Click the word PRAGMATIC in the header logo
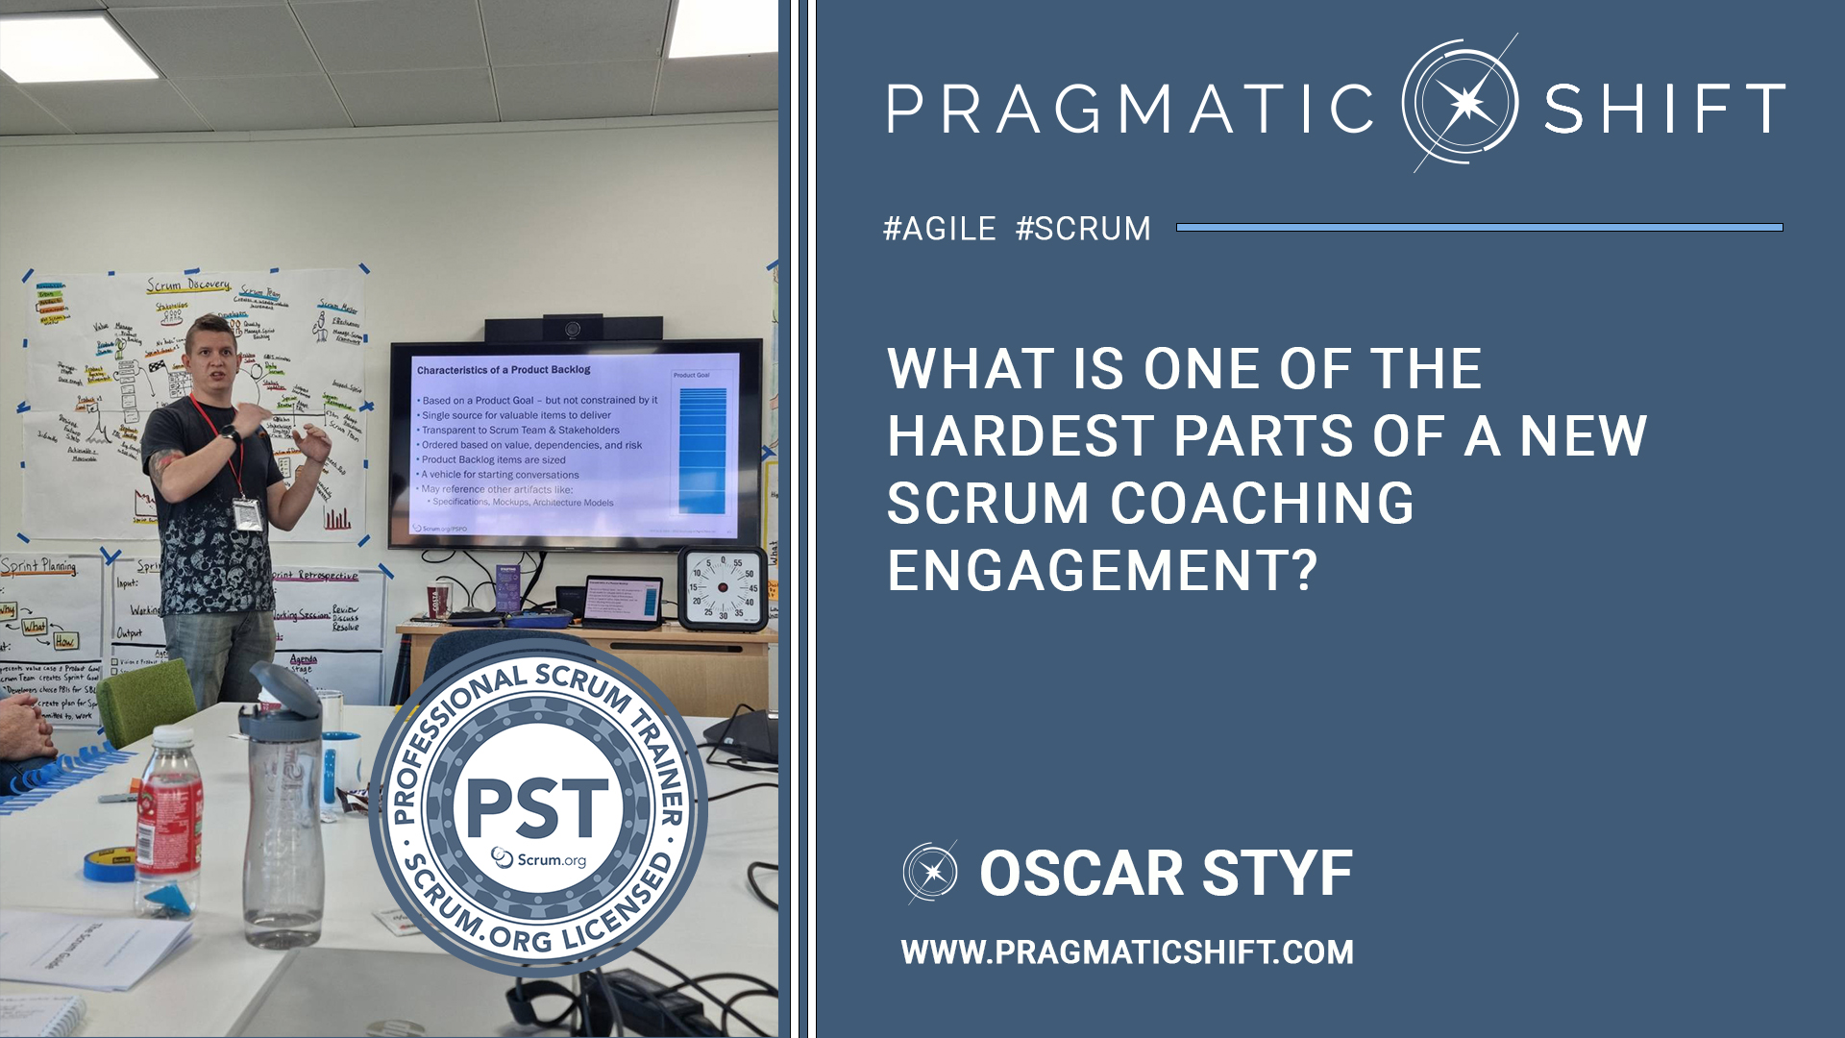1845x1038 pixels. click(1130, 109)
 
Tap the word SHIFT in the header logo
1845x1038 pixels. click(1664, 109)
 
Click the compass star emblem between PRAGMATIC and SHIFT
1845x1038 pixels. click(1461, 103)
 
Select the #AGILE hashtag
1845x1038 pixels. click(939, 229)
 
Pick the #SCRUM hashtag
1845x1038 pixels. click(1083, 229)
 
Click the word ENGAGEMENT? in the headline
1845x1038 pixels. click(1101, 571)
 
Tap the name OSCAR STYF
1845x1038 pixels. click(1166, 874)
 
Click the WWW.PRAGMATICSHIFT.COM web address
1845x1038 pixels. click(1127, 952)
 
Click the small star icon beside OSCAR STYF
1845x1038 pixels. click(930, 873)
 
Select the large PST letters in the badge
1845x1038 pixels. click(537, 807)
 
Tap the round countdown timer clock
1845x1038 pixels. click(724, 588)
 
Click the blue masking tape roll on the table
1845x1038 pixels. click(109, 864)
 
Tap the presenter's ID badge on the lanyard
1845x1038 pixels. click(247, 514)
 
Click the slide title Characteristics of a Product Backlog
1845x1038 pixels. click(504, 370)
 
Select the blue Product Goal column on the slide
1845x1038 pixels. click(702, 450)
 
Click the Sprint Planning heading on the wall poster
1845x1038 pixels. click(38, 566)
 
